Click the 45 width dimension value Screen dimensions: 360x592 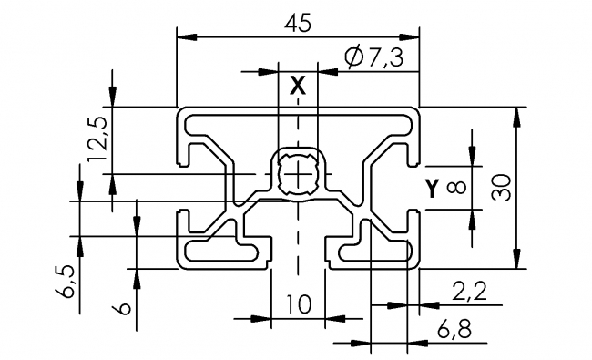299,23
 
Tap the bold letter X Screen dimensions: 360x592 297,87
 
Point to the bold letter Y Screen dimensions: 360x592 432,189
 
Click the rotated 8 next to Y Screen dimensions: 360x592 456,188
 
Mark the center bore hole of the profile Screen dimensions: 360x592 298,172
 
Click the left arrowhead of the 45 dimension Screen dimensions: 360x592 182,37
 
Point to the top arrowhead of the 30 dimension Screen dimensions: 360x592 516,113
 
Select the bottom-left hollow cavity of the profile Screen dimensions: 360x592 217,250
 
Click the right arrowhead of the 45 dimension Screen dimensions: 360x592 413,37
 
